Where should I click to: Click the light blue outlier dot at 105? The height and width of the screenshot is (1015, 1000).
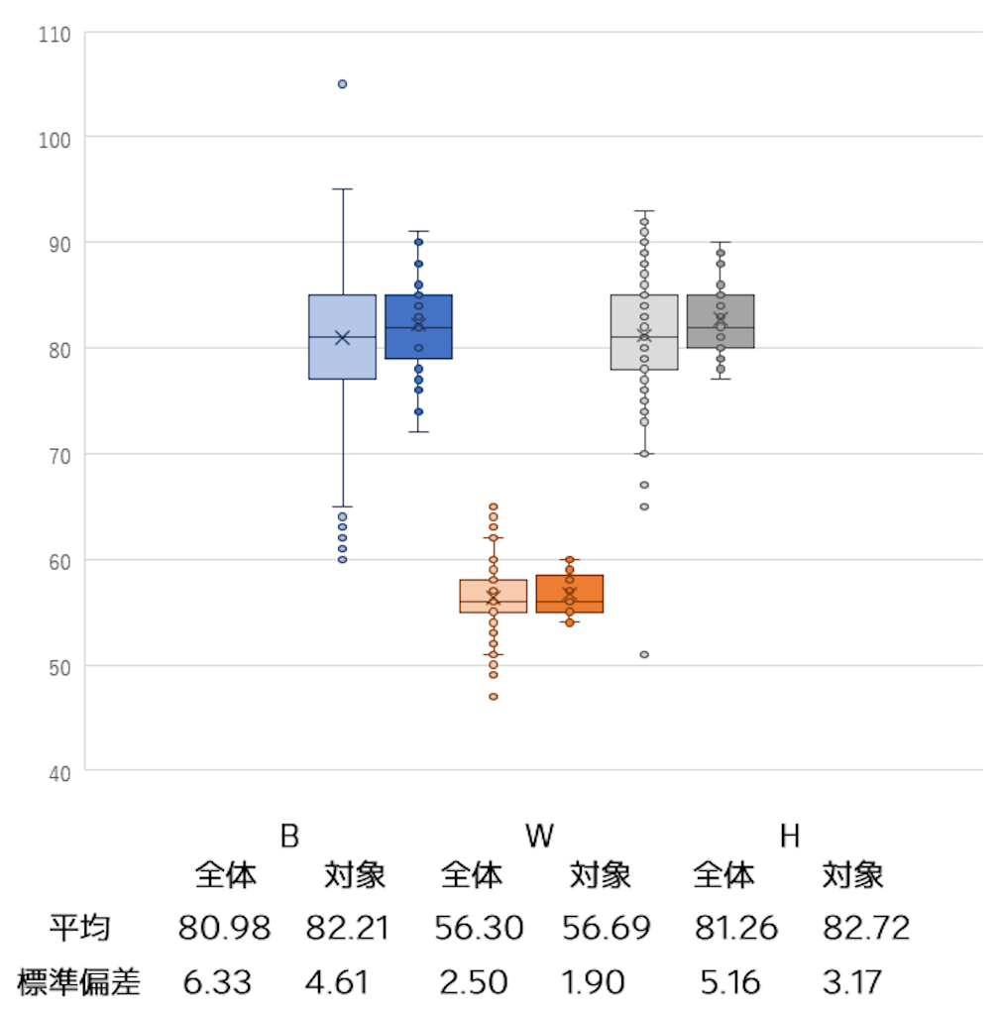342,84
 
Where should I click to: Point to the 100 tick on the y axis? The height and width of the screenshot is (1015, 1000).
56,138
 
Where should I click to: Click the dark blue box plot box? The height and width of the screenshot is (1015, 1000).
418,342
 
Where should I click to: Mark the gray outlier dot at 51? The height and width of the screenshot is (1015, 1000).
644,654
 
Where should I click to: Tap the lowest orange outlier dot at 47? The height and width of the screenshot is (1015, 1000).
493,697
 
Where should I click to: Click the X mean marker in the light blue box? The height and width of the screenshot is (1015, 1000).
342,338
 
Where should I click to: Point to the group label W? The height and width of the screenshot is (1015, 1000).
539,837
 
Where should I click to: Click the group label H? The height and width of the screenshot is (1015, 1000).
789,837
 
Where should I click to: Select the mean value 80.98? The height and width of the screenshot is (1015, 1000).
224,929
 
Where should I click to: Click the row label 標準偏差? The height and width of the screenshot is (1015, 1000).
79,982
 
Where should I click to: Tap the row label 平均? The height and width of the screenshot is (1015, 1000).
79,929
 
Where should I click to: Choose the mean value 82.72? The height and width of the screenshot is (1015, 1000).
865,929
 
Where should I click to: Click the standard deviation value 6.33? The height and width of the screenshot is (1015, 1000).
217,982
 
